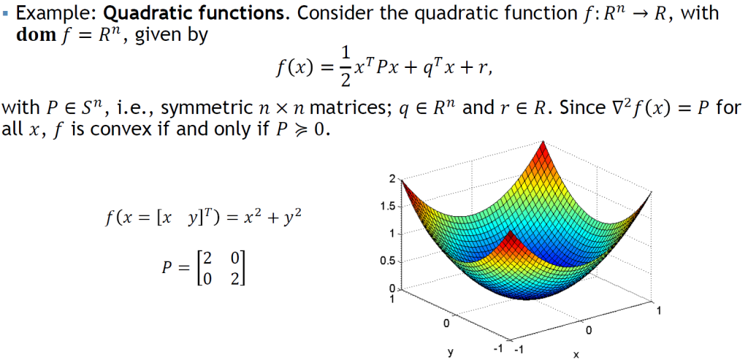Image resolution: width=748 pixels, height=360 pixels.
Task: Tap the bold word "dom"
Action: [x=37, y=36]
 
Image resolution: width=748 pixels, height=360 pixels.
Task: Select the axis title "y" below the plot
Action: [x=450, y=353]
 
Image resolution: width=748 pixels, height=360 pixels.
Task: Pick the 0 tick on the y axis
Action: [x=447, y=323]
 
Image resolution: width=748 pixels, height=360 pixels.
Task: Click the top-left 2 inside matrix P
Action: [x=206, y=257]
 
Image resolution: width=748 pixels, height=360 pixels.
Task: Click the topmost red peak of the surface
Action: [x=543, y=142]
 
